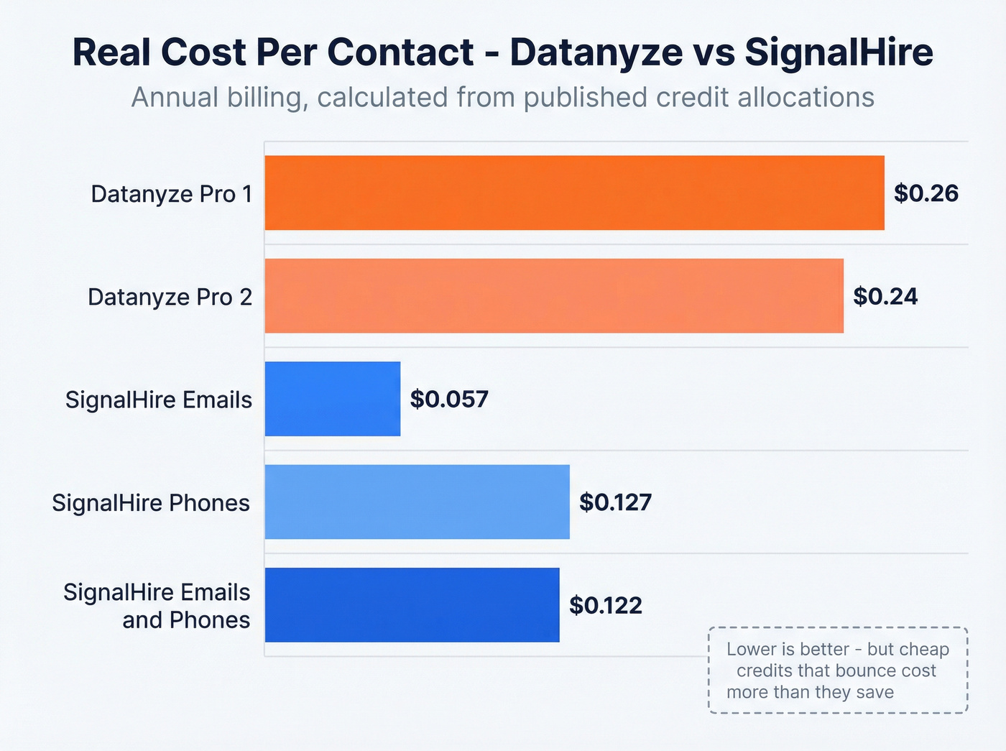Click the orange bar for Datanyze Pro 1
tap(574, 193)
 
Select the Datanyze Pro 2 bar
tap(554, 296)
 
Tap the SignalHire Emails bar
tap(332, 399)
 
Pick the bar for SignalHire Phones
tap(417, 502)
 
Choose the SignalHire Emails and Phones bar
tap(412, 604)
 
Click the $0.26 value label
tap(926, 193)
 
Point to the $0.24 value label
tap(885, 296)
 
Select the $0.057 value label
tap(449, 399)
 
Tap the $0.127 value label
tap(615, 502)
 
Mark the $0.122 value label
tap(605, 605)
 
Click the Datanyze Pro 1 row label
tap(171, 194)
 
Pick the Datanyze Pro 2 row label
tap(170, 297)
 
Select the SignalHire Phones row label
tap(151, 502)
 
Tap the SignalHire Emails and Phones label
tap(157, 606)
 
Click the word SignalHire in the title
tap(839, 52)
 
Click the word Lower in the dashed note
tap(751, 649)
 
